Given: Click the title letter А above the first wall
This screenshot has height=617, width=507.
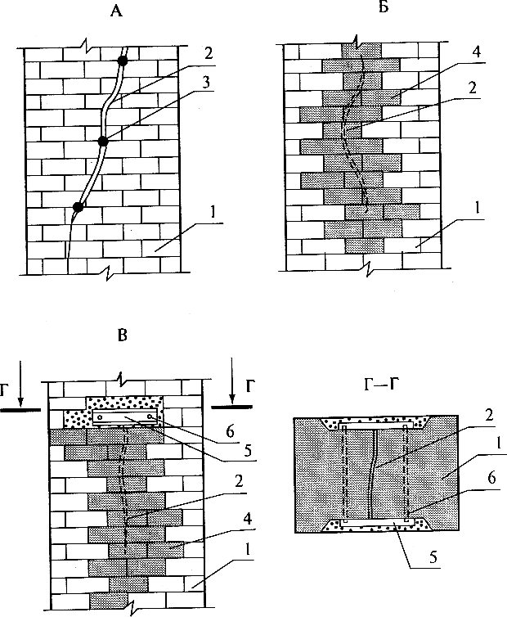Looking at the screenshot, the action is [x=116, y=11].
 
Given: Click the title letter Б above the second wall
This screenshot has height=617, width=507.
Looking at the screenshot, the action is [x=384, y=7].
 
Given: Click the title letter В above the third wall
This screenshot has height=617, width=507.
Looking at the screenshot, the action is [x=123, y=336].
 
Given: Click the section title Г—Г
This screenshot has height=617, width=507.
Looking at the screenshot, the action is [x=379, y=384].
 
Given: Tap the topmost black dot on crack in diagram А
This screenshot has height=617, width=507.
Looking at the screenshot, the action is [x=123, y=61].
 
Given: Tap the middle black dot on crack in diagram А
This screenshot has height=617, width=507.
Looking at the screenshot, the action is [x=103, y=142].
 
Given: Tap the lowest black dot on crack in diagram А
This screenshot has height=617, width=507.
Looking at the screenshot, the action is [x=79, y=206].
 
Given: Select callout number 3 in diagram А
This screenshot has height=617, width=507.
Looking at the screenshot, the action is [x=206, y=83].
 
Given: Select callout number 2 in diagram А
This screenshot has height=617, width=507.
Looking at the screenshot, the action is [x=208, y=53].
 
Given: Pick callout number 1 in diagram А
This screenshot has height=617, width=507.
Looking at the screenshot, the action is [x=213, y=213].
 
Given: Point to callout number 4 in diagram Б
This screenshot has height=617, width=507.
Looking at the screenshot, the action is [x=477, y=52].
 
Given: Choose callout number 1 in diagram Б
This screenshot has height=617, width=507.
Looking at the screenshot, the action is [x=477, y=207].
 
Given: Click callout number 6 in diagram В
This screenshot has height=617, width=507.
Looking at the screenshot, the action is [x=230, y=431].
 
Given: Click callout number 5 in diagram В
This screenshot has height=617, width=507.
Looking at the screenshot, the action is [x=248, y=450].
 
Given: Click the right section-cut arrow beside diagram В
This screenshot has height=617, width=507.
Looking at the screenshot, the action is [x=232, y=381].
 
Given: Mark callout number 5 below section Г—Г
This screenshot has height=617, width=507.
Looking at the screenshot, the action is [x=433, y=557].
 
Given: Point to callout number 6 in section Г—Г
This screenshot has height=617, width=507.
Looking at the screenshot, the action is [x=491, y=479].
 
